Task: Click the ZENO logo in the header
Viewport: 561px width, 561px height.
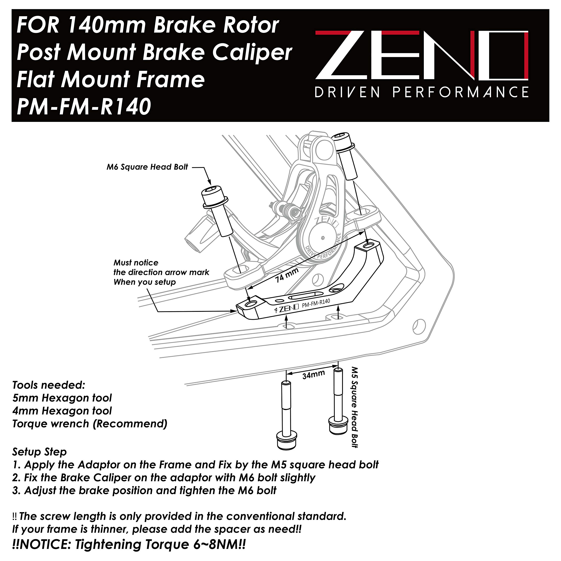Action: tap(422, 55)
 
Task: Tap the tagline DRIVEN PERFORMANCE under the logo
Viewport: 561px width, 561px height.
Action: tap(422, 92)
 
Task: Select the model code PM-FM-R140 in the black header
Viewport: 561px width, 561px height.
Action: tap(84, 106)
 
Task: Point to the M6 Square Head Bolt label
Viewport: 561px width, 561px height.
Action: tap(147, 167)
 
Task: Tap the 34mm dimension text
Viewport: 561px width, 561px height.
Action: tap(313, 374)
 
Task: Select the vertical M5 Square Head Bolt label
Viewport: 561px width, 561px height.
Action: tap(355, 407)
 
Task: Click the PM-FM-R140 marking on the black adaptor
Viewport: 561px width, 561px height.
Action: tap(316, 304)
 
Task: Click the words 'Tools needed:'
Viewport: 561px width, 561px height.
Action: tap(49, 385)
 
